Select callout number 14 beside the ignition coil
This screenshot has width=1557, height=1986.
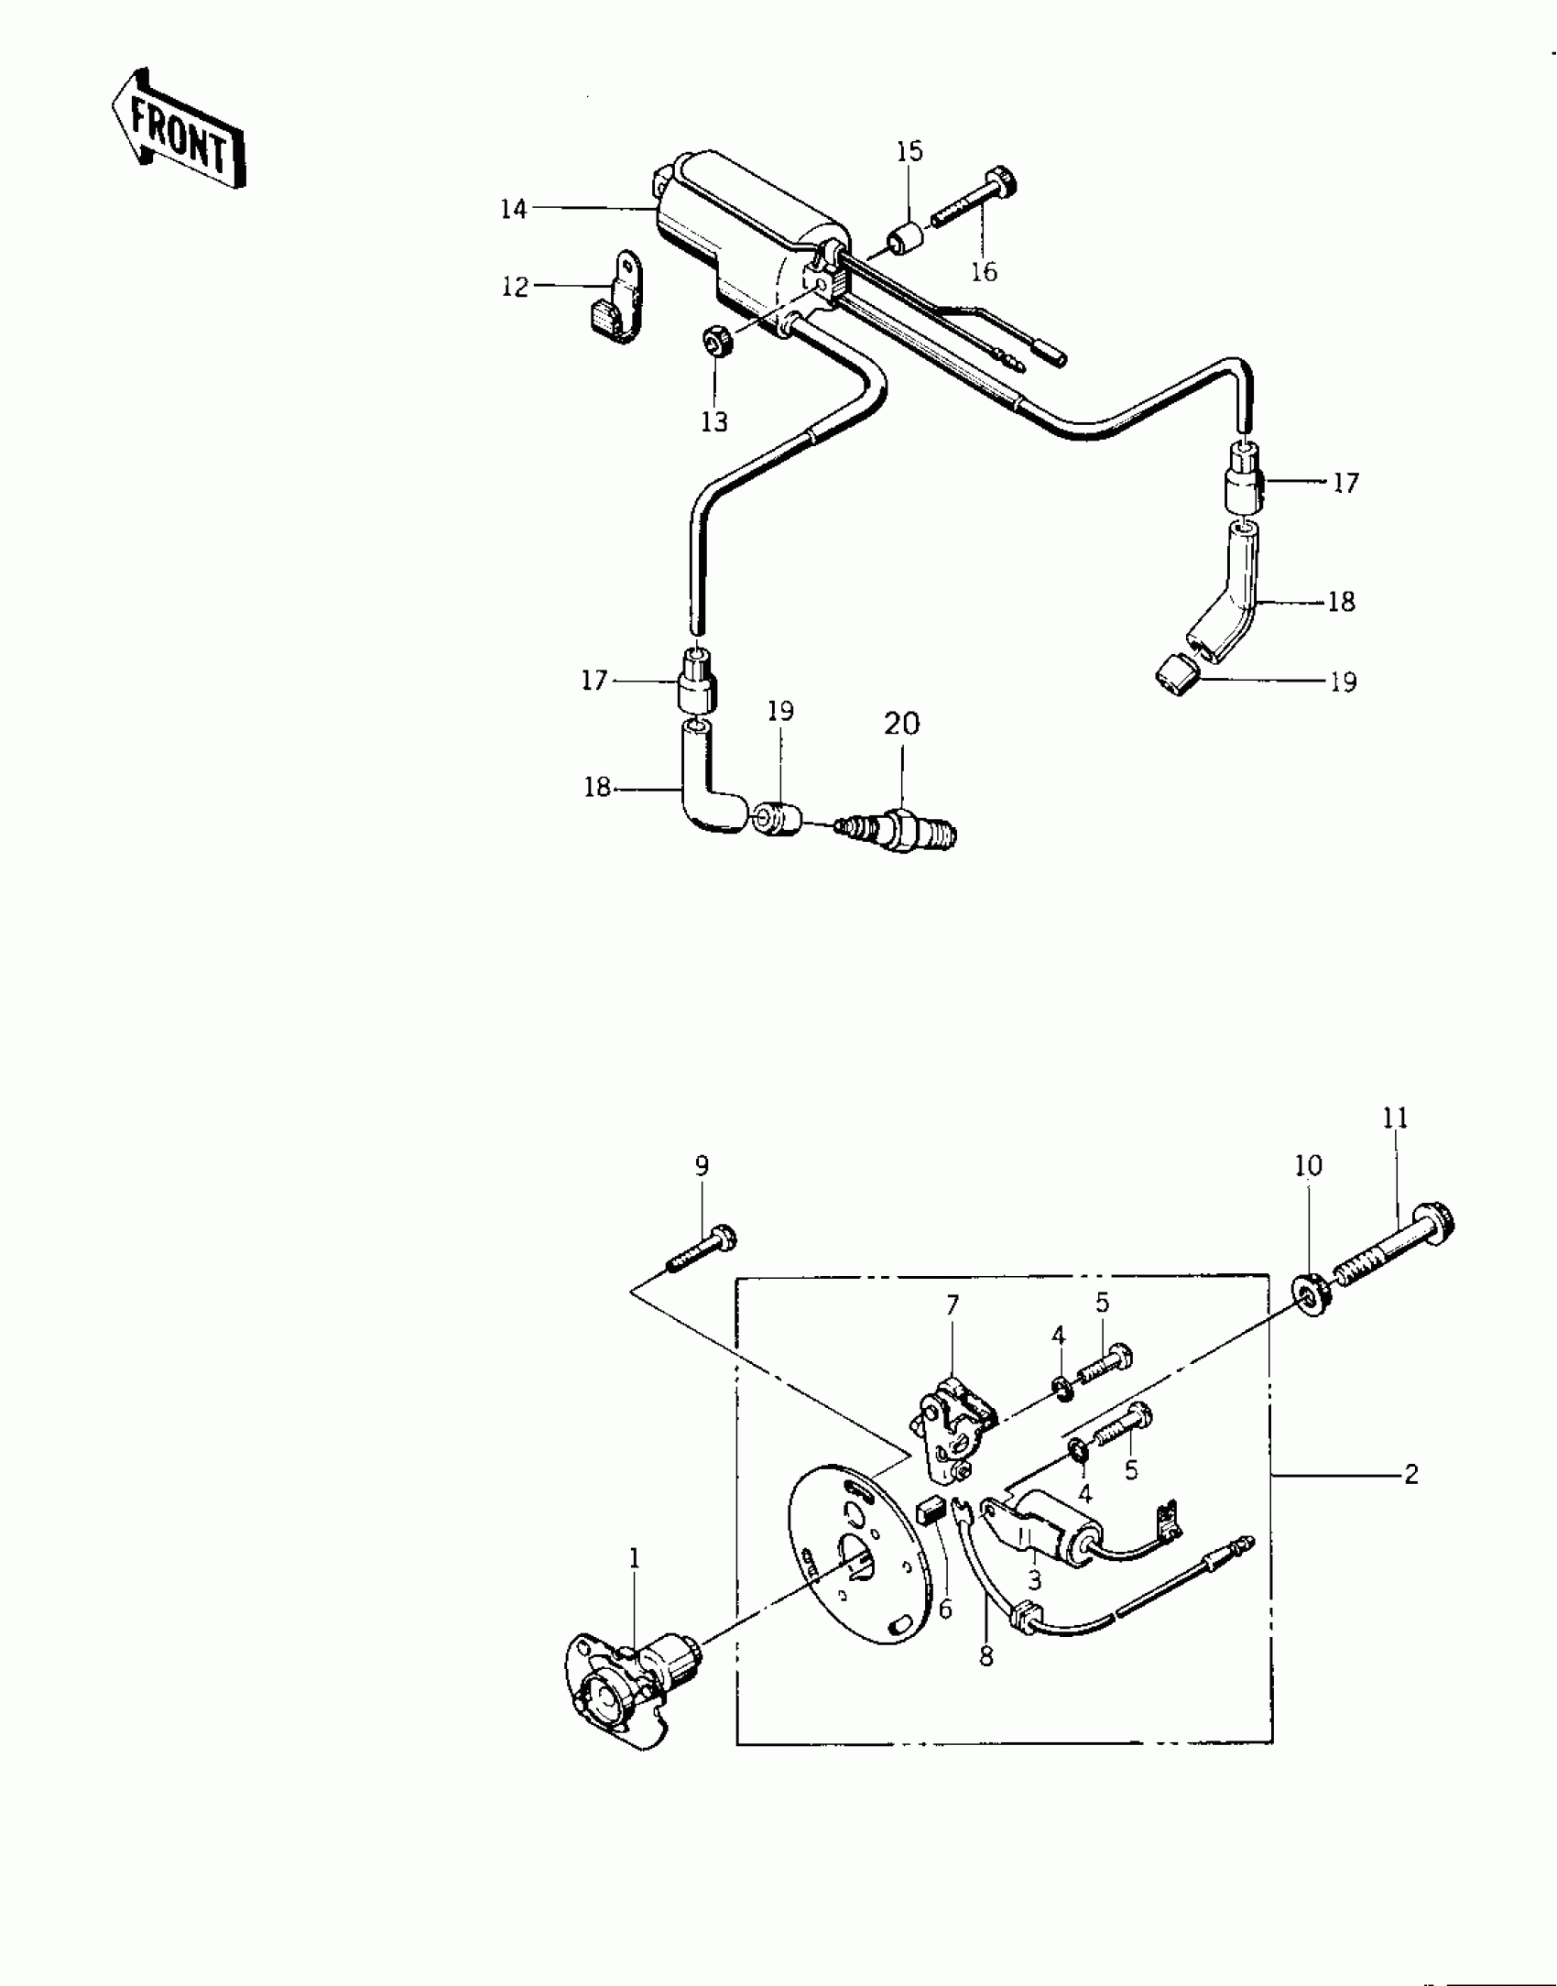[x=514, y=209]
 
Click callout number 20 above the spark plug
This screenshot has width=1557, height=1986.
[x=902, y=724]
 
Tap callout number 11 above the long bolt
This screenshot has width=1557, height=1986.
[x=1396, y=1118]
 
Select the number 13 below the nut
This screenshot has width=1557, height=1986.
[x=714, y=422]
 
